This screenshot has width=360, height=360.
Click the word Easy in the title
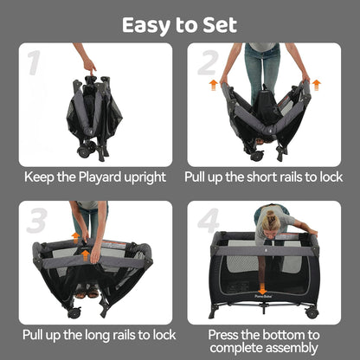click(x=146, y=26)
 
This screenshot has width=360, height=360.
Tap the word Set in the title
click(x=220, y=25)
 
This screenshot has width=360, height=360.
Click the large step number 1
click(x=34, y=62)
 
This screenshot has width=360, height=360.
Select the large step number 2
click(x=208, y=62)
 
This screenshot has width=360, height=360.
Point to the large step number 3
click(x=36, y=221)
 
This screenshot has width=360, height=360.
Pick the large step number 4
click(x=209, y=221)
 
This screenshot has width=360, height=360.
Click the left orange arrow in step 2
click(x=213, y=86)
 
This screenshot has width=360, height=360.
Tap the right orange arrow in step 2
click(x=317, y=86)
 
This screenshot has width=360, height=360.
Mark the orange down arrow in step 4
click(x=262, y=289)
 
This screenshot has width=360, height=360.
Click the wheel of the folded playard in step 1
click(x=83, y=151)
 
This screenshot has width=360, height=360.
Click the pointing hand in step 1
click(x=89, y=66)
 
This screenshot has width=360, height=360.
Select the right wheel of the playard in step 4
click(x=312, y=312)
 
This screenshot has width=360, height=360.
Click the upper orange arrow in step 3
click(x=75, y=238)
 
